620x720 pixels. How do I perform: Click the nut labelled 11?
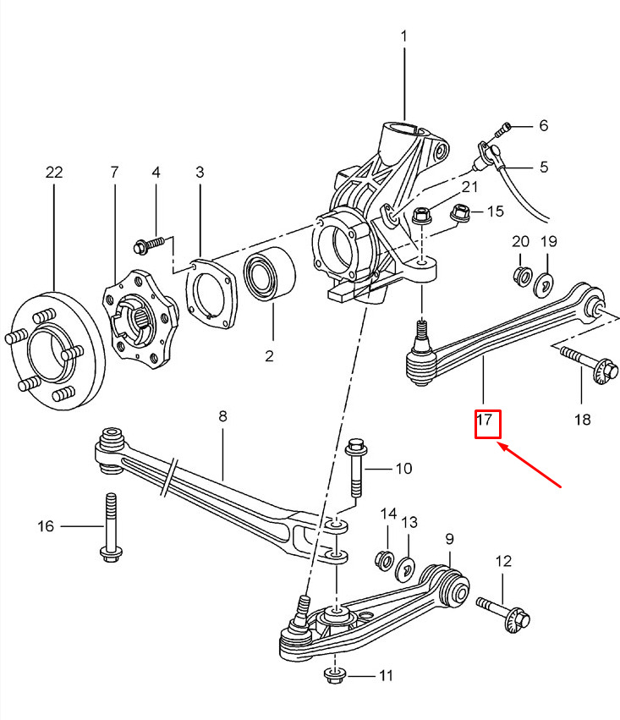point(336,675)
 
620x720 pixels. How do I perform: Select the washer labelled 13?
point(407,567)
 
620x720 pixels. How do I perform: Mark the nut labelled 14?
point(385,560)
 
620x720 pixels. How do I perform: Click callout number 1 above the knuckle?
point(403,37)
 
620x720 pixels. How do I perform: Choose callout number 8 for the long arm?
point(222,416)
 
